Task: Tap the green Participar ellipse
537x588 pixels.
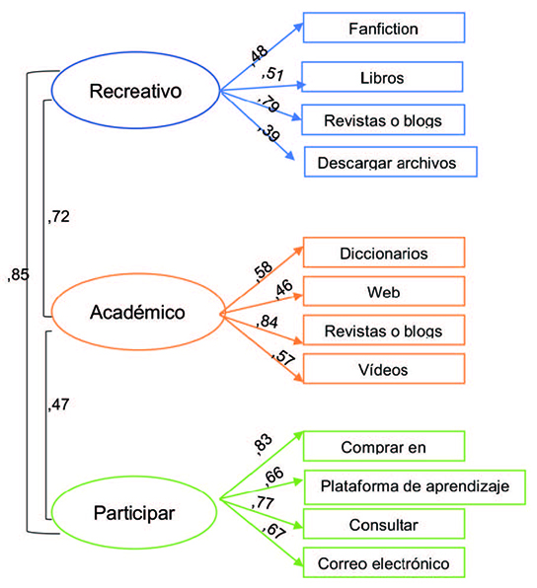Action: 134,512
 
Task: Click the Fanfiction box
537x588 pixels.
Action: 383,29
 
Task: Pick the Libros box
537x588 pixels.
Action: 383,76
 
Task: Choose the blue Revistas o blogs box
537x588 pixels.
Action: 383,119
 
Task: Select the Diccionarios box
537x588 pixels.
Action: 383,252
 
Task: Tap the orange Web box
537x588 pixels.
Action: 383,291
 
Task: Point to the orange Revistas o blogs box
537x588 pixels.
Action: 383,330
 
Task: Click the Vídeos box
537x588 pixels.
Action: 383,369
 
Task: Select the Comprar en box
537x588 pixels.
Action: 383,446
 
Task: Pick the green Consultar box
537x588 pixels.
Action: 383,523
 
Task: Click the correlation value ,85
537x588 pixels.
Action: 18,275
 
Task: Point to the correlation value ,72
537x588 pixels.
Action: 60,215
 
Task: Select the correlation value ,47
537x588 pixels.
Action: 60,403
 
